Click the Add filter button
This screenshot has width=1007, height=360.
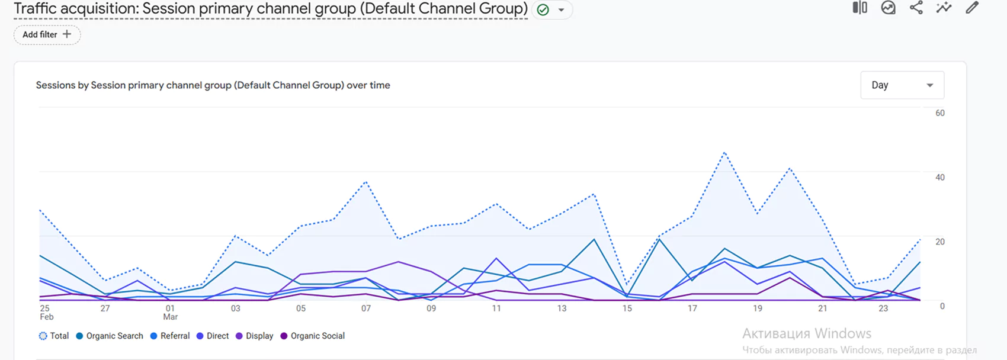point(47,34)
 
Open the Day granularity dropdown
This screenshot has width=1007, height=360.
point(902,85)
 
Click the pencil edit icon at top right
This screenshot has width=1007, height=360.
point(972,8)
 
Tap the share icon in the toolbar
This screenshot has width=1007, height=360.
point(916,8)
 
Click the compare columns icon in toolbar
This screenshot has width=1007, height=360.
point(860,8)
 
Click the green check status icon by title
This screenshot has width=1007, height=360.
point(543,9)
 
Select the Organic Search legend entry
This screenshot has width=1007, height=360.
point(110,336)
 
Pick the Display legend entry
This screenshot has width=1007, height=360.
point(255,336)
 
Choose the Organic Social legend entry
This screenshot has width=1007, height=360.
point(313,336)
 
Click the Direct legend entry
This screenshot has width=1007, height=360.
point(213,336)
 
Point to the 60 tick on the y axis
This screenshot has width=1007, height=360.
point(939,113)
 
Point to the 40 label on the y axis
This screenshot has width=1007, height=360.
point(939,178)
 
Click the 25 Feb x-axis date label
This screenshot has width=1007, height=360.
point(46,312)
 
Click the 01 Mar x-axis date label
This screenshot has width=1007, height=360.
point(171,312)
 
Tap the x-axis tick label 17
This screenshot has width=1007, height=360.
point(692,308)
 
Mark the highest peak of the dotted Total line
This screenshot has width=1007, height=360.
point(724,153)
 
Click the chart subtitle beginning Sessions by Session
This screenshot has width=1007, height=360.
point(213,85)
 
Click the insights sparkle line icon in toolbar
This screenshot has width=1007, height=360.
point(944,8)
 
